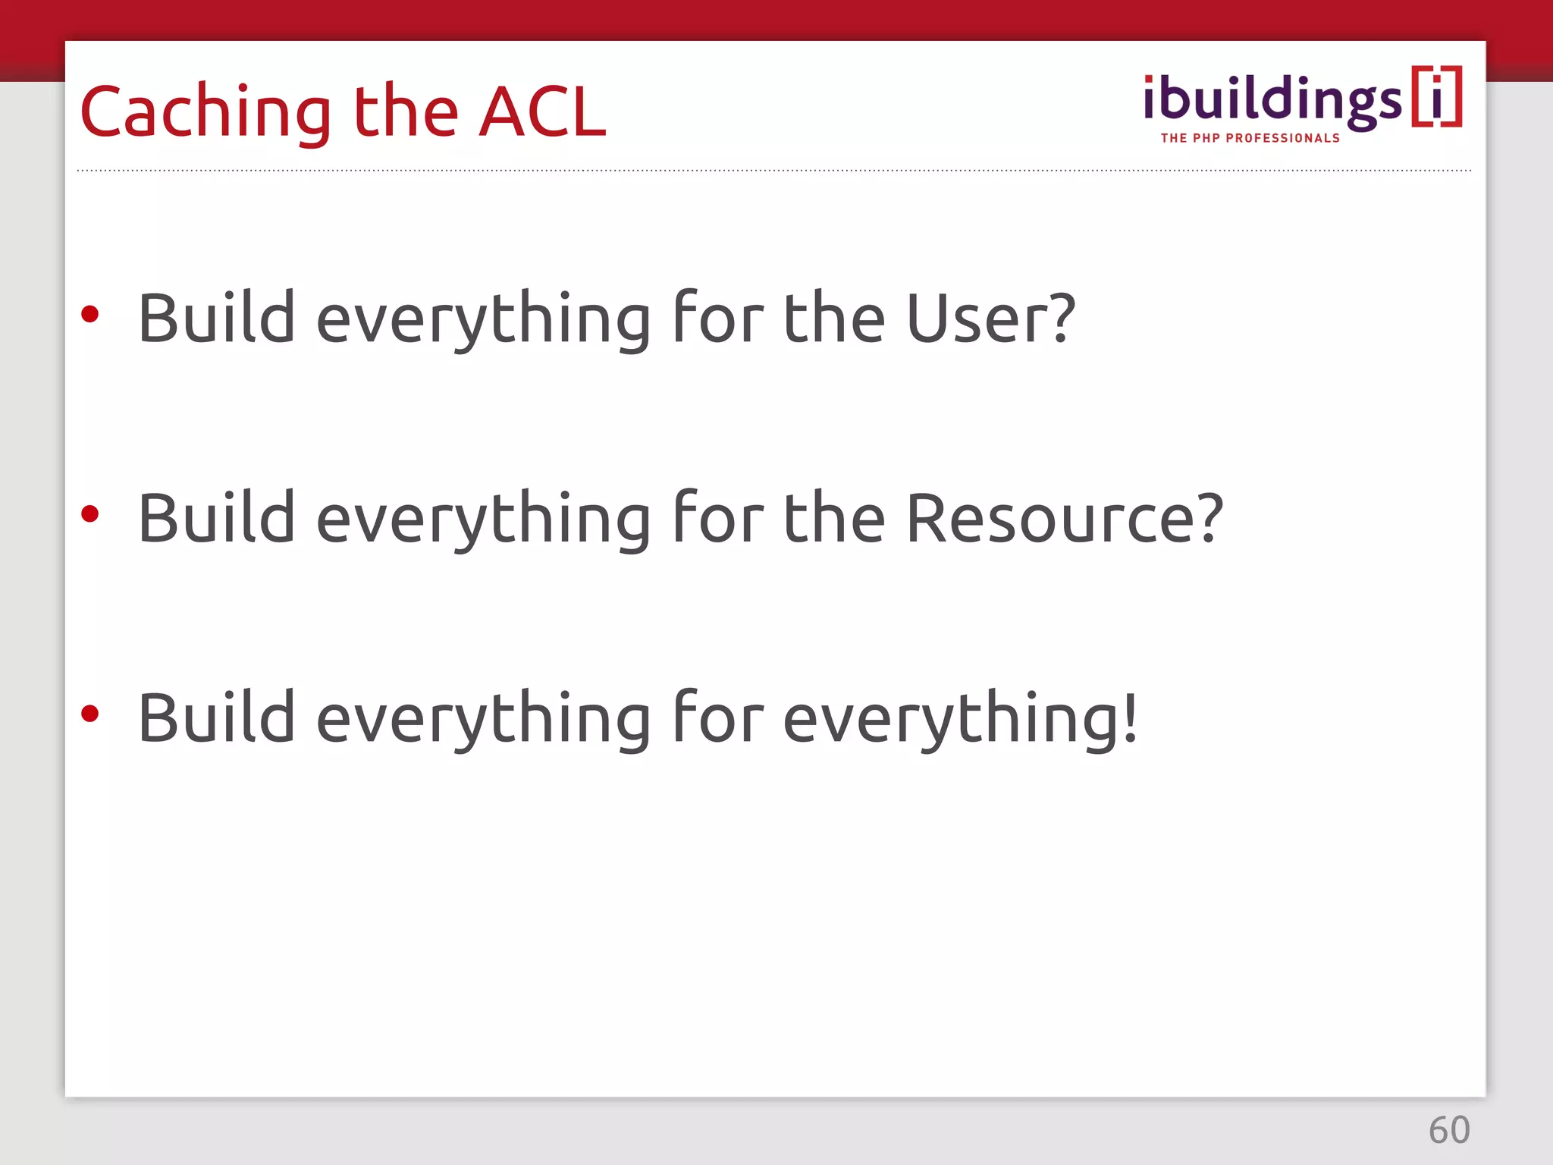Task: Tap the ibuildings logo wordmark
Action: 1272,101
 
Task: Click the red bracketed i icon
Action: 1436,97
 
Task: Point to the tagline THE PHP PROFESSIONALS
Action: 1250,138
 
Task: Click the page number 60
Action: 1449,1130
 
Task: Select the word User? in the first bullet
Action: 990,319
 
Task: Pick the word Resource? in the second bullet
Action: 1064,519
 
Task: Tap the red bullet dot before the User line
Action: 90,314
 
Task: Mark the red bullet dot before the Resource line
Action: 90,514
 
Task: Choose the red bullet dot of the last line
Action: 90,714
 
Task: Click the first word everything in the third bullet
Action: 483,719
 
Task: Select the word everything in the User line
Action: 483,319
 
